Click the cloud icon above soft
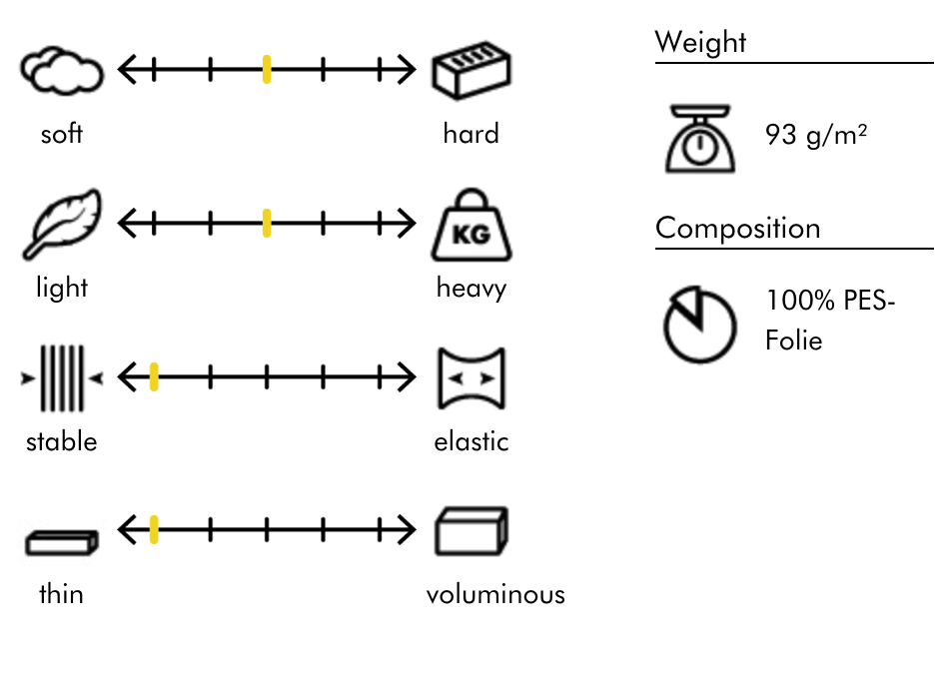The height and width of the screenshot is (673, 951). click(x=62, y=71)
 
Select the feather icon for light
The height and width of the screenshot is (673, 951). click(x=62, y=224)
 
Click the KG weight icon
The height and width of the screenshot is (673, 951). click(x=472, y=227)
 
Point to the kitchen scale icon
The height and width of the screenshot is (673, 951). click(x=700, y=142)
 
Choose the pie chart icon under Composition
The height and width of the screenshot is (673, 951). click(x=700, y=326)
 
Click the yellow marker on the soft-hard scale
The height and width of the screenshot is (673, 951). click(x=267, y=70)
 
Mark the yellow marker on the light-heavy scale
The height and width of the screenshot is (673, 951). click(x=267, y=224)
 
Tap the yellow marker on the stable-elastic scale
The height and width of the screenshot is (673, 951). click(x=154, y=377)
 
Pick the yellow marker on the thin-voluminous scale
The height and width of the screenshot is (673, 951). click(x=154, y=530)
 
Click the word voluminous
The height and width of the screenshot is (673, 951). click(x=495, y=595)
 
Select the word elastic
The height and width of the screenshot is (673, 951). click(x=472, y=441)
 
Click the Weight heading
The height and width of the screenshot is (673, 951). click(x=700, y=43)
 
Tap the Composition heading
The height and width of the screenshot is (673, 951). click(x=737, y=228)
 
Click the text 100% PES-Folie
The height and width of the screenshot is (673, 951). click(x=829, y=320)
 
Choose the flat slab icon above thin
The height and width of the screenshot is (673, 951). click(x=62, y=541)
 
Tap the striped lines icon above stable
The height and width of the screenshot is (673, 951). click(x=62, y=378)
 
